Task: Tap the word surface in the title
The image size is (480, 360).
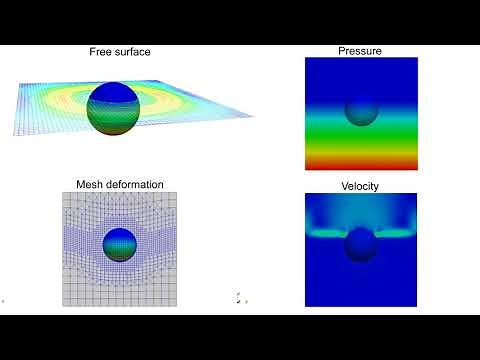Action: [134, 51]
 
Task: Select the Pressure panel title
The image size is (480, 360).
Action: [361, 50]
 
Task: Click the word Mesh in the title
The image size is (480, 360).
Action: [91, 185]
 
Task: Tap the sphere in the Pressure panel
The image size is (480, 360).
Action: [361, 110]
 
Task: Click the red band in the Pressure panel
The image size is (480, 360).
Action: [361, 163]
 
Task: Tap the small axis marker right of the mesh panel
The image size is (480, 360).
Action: [239, 297]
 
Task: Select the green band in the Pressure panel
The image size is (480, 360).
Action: [361, 135]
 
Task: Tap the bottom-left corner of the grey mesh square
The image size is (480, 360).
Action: [64, 306]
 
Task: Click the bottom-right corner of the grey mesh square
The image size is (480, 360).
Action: [177, 306]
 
